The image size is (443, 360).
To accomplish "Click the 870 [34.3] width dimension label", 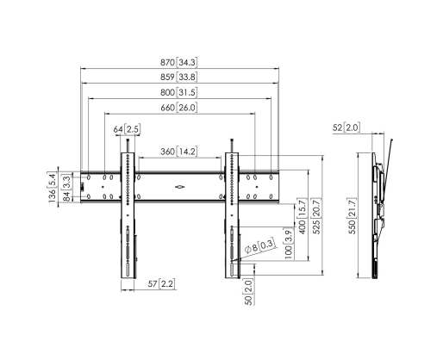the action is tap(178, 62).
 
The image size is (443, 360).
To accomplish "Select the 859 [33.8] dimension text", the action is tap(178, 77).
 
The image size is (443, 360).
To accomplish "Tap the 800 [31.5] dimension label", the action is tap(178, 92).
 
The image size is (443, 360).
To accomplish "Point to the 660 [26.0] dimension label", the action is tap(178, 108).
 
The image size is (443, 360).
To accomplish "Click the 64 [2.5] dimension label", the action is tap(127, 129).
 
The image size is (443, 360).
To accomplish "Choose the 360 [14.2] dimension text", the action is tap(178, 152).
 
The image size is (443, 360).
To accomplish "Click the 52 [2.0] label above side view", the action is tap(346, 127).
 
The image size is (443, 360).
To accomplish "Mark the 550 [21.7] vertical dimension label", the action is tap(352, 215).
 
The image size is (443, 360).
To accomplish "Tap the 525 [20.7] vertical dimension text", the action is tap(317, 216).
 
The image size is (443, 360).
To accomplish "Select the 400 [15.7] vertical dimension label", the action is tap(303, 216).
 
